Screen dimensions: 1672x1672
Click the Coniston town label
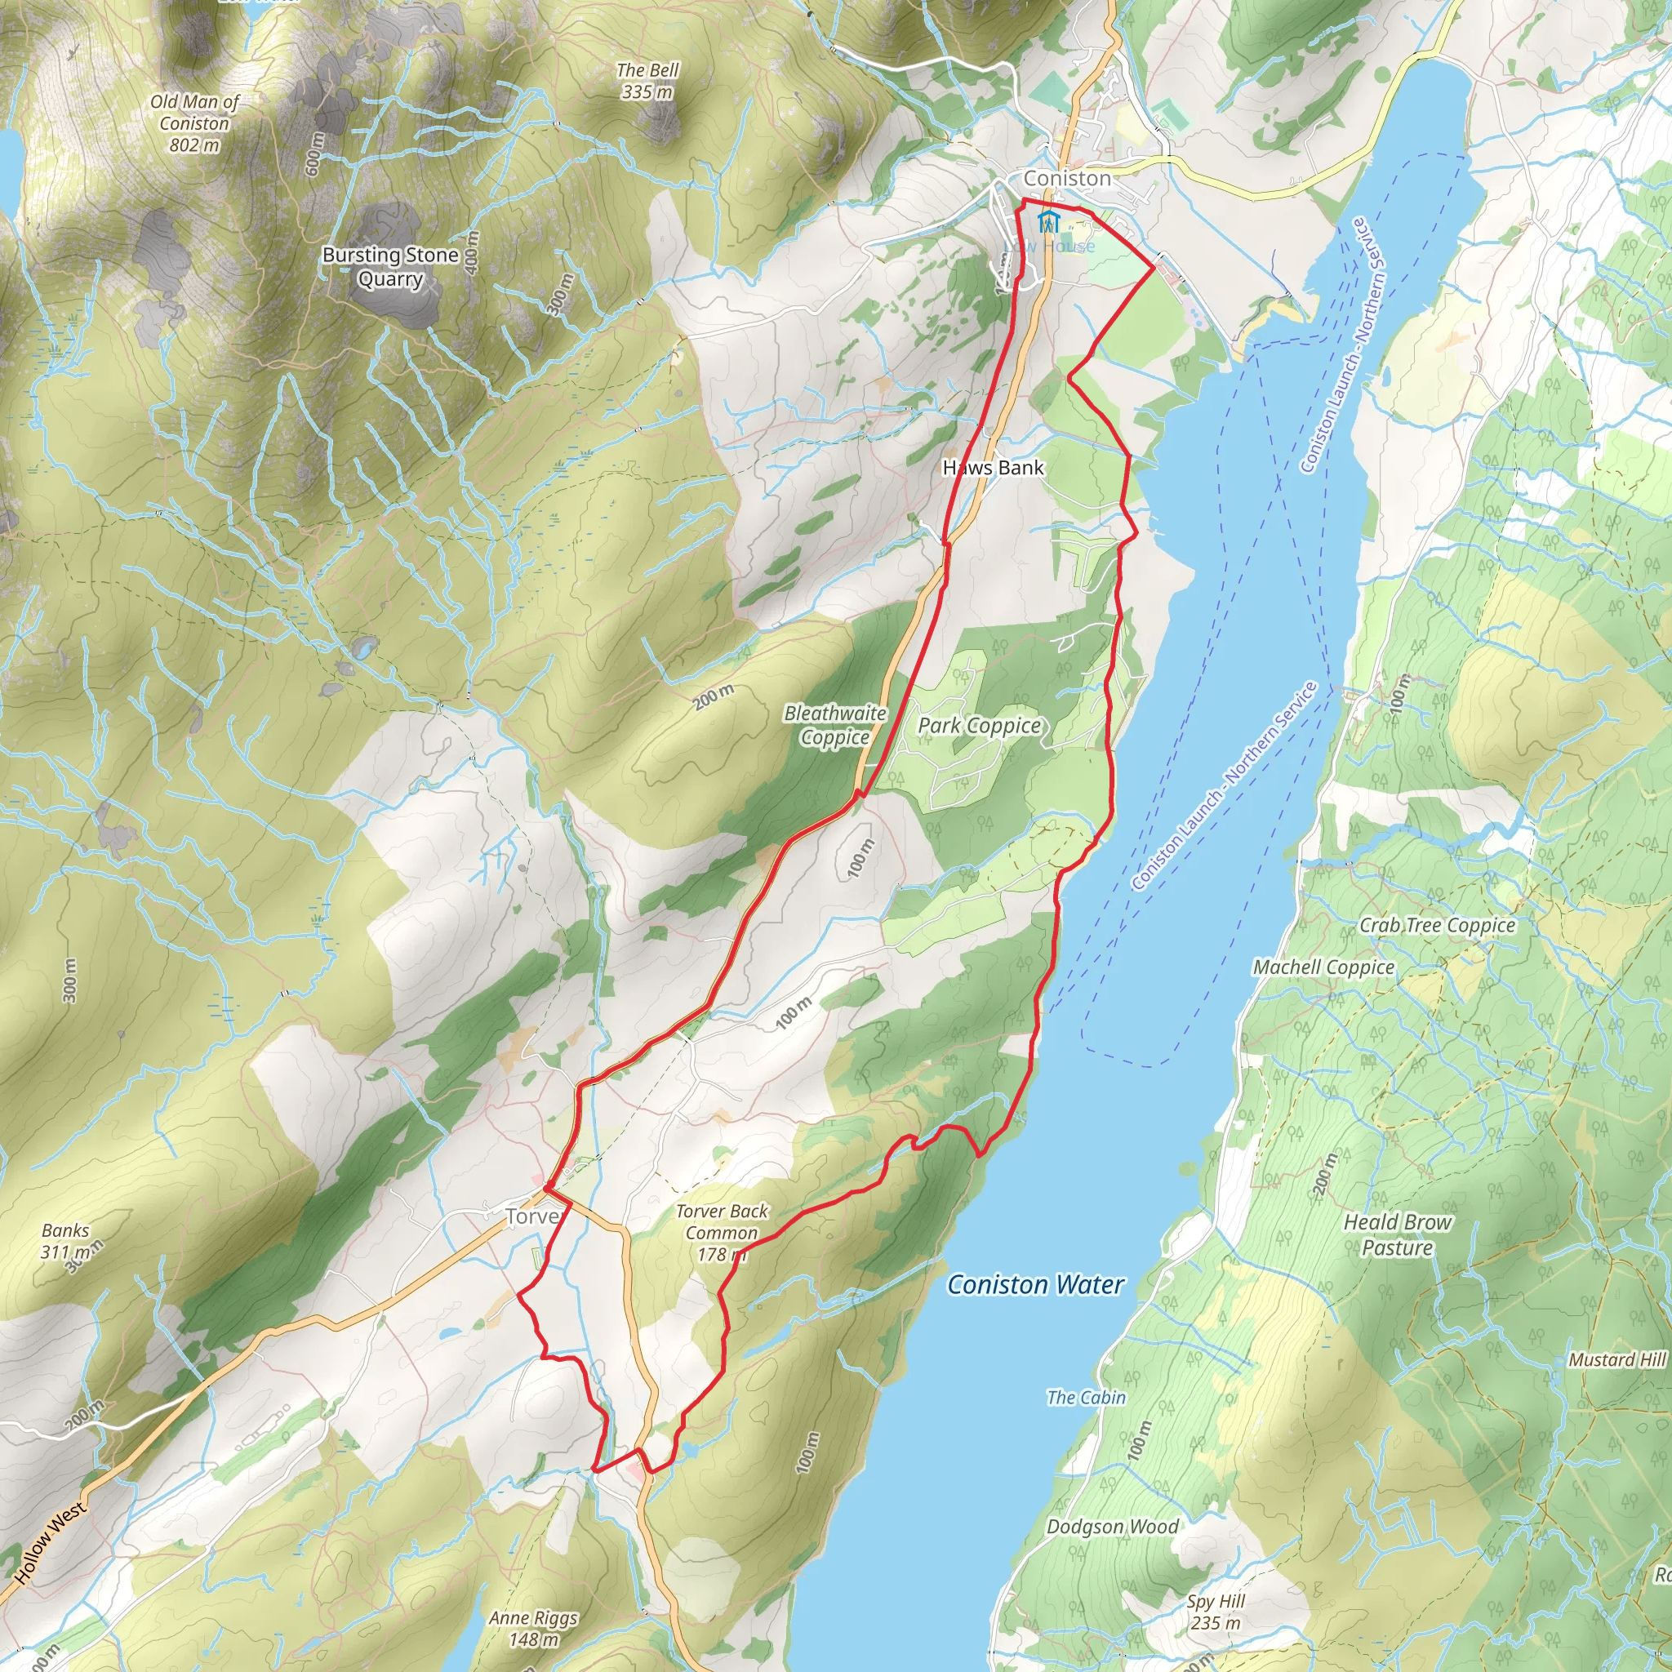tap(1066, 178)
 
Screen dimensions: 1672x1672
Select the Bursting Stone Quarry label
tap(390, 266)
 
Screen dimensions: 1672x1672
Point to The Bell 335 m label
tap(647, 81)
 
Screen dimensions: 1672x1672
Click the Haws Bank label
tap(993, 467)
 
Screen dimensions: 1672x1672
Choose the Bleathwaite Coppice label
tap(835, 724)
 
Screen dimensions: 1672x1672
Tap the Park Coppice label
tap(979, 725)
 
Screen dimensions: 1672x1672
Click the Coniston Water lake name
tap(1035, 1284)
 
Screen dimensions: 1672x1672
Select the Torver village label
tap(533, 1216)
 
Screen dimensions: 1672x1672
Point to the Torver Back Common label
tap(722, 1232)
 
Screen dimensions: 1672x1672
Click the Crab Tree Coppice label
tap(1437, 925)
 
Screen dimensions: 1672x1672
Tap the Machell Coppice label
tap(1323, 967)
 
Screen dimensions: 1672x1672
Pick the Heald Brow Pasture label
tap(1397, 1234)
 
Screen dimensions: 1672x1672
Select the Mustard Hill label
tap(1616, 1359)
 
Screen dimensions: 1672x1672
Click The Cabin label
tap(1085, 1397)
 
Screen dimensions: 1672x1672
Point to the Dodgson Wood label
tap(1111, 1527)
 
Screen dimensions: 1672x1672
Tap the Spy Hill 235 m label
tap(1215, 1612)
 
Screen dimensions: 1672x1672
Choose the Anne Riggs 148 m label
tap(532, 1628)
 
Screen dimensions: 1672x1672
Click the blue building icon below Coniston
tap(1048, 221)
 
